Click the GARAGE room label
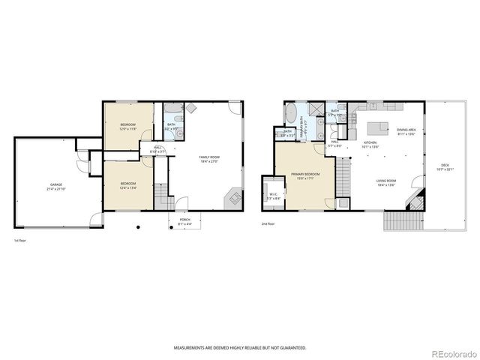(x=56, y=184)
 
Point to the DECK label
(x=445, y=166)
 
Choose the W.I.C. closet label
(x=273, y=195)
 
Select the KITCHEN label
(x=370, y=144)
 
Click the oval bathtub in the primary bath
(x=291, y=115)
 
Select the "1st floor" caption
(x=20, y=241)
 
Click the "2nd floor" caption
(x=268, y=223)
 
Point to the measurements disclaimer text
(x=240, y=348)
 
